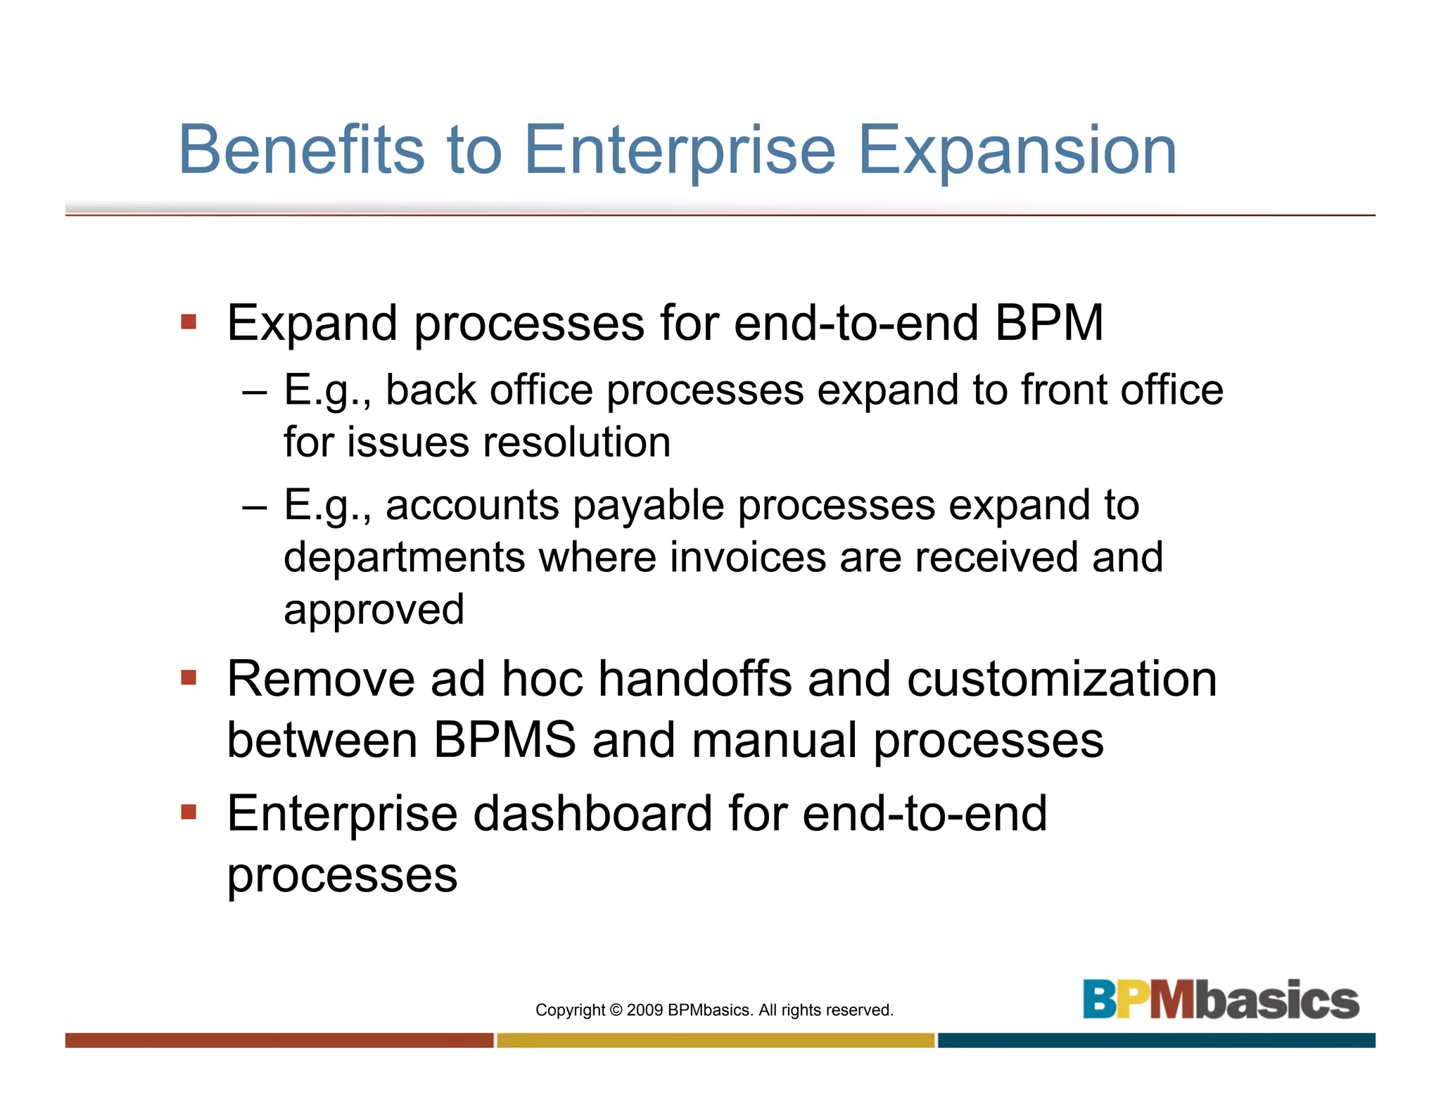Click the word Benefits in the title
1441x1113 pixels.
(301, 150)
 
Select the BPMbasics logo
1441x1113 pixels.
(1220, 1000)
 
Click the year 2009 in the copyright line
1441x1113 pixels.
(645, 1010)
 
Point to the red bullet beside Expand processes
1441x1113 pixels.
(189, 322)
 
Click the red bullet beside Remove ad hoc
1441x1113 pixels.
(189, 678)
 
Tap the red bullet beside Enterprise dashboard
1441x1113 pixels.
(189, 813)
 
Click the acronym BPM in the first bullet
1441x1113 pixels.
(1048, 323)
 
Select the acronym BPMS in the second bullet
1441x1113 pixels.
(504, 740)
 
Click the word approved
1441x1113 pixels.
(374, 609)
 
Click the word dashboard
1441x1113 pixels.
(592, 814)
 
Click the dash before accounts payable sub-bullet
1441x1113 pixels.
(254, 507)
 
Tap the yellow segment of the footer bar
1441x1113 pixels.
(716, 1041)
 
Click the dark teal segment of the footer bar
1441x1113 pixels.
(1156, 1041)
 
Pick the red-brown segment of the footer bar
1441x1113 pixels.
(279, 1041)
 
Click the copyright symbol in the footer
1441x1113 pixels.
(616, 1010)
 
